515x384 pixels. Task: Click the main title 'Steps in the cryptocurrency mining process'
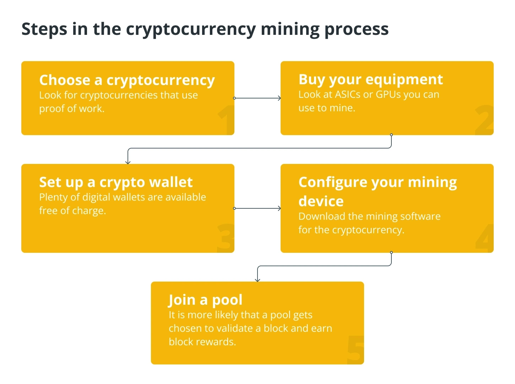pos(205,30)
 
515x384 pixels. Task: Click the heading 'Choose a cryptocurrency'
pos(127,81)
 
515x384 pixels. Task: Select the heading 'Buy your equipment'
pos(370,80)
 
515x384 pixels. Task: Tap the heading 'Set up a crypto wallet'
pos(116,182)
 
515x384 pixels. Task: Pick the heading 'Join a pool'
pos(206,300)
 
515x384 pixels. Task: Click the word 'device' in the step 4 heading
pos(321,201)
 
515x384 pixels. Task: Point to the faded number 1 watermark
pos(226,120)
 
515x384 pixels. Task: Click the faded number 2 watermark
pos(484,120)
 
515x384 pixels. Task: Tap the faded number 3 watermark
pos(226,238)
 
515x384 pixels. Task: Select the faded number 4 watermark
pos(484,238)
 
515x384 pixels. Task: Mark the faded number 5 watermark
pos(355,350)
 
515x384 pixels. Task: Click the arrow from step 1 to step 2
pos(257,98)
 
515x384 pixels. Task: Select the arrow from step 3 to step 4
pos(257,208)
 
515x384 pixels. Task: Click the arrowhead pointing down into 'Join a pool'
pos(257,279)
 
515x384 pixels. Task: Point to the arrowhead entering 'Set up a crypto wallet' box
pos(128,162)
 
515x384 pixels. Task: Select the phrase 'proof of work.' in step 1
pos(72,109)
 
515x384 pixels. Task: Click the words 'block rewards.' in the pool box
pos(202,342)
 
